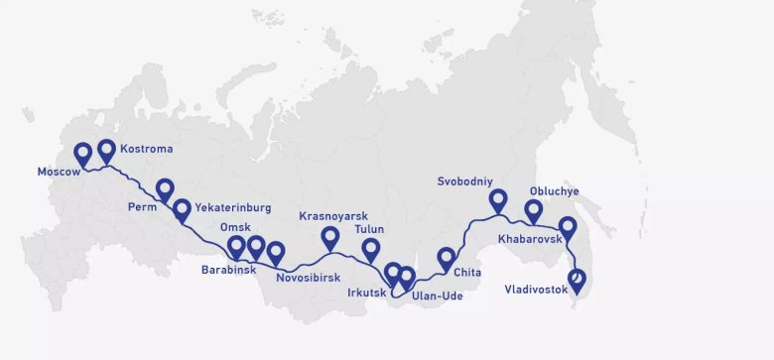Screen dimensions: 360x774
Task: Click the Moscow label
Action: click(x=58, y=172)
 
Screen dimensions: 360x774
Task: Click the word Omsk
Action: click(x=235, y=227)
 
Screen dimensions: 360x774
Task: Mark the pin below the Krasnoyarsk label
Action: click(x=330, y=238)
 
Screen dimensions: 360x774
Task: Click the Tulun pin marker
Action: click(x=371, y=250)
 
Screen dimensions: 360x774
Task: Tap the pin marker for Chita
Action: click(x=447, y=259)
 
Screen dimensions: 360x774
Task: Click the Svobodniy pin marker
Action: click(x=498, y=201)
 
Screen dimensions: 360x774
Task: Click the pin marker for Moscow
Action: click(x=83, y=154)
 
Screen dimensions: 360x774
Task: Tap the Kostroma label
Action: click(x=146, y=149)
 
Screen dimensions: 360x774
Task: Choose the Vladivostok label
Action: click(x=537, y=290)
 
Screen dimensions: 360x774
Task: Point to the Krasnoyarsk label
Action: click(x=333, y=215)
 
